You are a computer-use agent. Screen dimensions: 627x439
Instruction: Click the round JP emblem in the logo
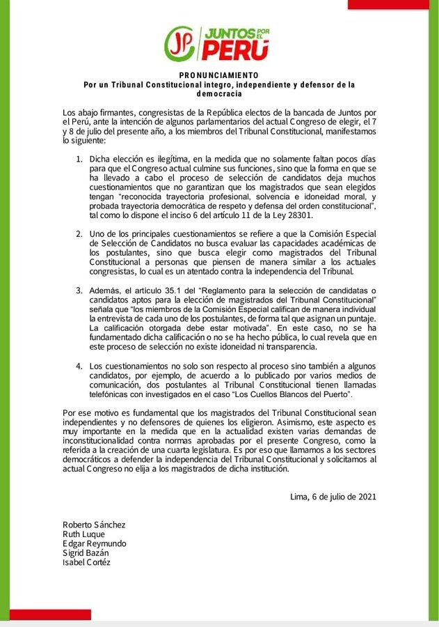click(180, 44)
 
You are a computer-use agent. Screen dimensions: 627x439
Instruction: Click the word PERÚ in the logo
click(234, 51)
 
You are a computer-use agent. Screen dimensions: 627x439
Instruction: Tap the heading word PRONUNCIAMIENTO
click(219, 75)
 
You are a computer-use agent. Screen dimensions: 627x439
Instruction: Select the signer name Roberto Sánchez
click(94, 525)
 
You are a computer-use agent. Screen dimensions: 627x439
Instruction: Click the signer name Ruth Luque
click(83, 534)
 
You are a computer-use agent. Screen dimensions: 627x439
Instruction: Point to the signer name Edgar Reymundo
click(95, 543)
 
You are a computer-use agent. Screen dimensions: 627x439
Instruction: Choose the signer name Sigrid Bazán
click(86, 553)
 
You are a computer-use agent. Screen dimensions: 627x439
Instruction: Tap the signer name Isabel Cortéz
click(86, 562)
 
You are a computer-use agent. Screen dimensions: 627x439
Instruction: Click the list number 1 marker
click(79, 160)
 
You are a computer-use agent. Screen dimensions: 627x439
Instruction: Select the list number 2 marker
click(79, 232)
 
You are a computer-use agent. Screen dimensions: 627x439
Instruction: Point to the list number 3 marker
click(79, 289)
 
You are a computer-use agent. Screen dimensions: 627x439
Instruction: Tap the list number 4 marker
click(79, 366)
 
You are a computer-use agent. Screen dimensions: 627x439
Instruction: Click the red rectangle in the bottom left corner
click(45, 615)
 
